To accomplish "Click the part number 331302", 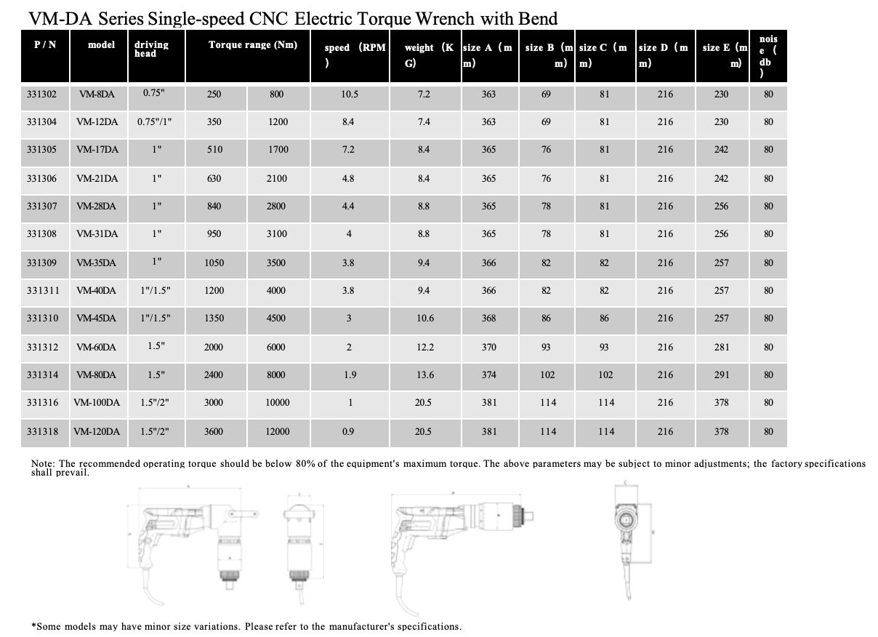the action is [x=41, y=94].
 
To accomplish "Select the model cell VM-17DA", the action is [x=97, y=150].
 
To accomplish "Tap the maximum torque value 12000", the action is [x=278, y=431].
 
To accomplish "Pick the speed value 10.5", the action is [x=350, y=94].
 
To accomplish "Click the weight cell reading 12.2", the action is [x=425, y=347].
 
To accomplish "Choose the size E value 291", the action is [x=721, y=374].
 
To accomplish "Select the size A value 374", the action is [x=488, y=374].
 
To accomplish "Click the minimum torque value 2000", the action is [x=214, y=347].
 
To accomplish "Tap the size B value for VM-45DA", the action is [x=546, y=318].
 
